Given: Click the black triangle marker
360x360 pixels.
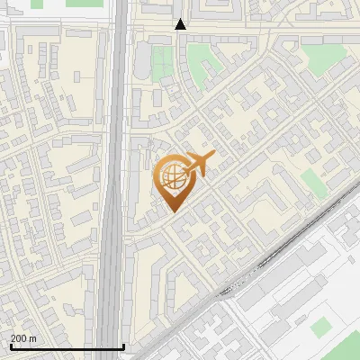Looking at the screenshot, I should [x=180, y=24].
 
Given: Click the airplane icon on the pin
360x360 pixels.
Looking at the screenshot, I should [x=198, y=164].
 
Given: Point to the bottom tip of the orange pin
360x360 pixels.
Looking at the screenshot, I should [x=172, y=211].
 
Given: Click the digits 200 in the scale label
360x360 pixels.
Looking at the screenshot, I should [x=18, y=338].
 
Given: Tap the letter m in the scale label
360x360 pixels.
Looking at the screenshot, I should [x=32, y=338].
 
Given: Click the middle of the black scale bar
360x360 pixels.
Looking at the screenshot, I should [x=67, y=346].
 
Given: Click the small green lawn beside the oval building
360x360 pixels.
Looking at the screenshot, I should [x=162, y=63].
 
